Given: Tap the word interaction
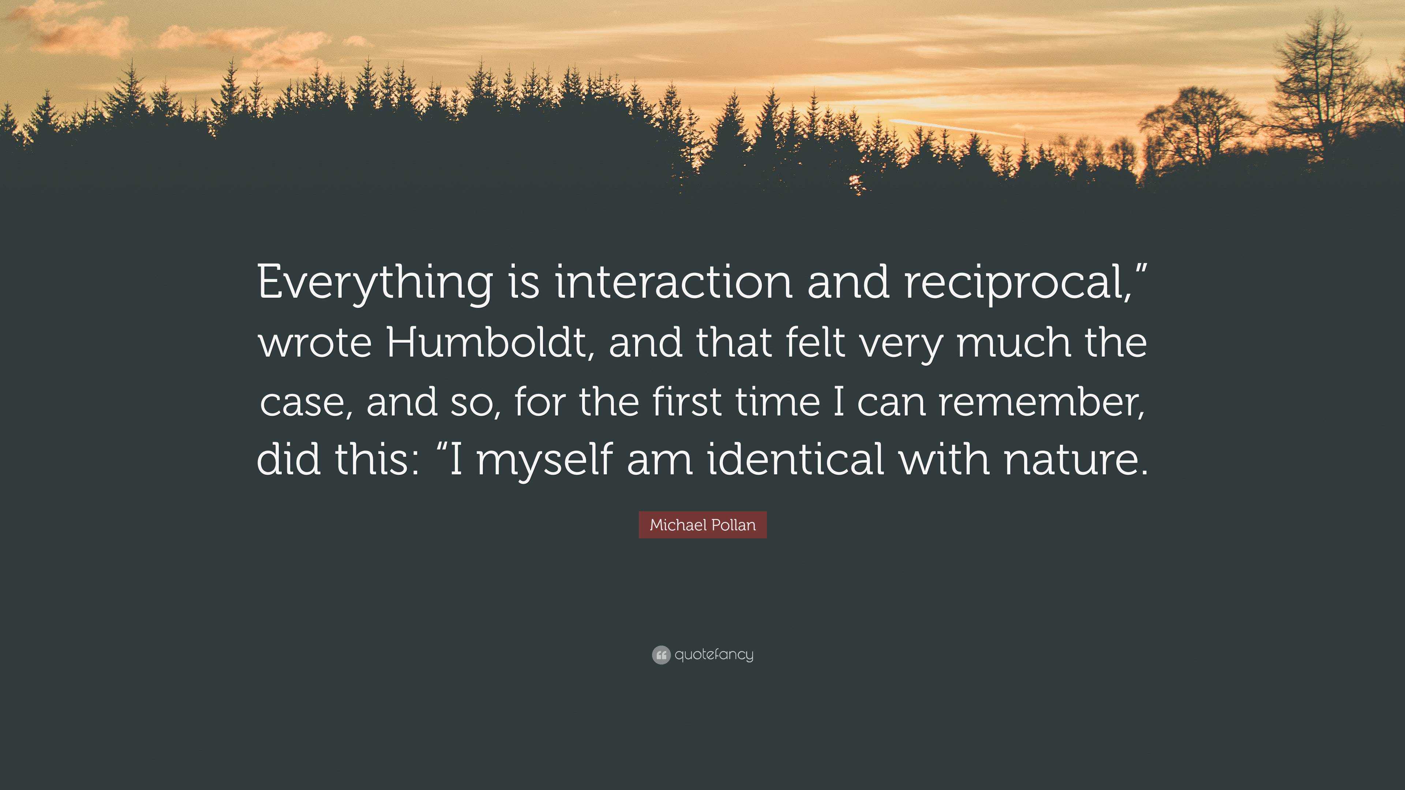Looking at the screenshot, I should click(674, 282).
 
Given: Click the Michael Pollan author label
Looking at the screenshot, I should click(702, 525).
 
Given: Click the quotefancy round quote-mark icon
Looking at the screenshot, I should click(660, 655).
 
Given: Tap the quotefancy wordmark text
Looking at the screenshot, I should click(714, 655).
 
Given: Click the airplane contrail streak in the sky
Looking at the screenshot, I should click(955, 128).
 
